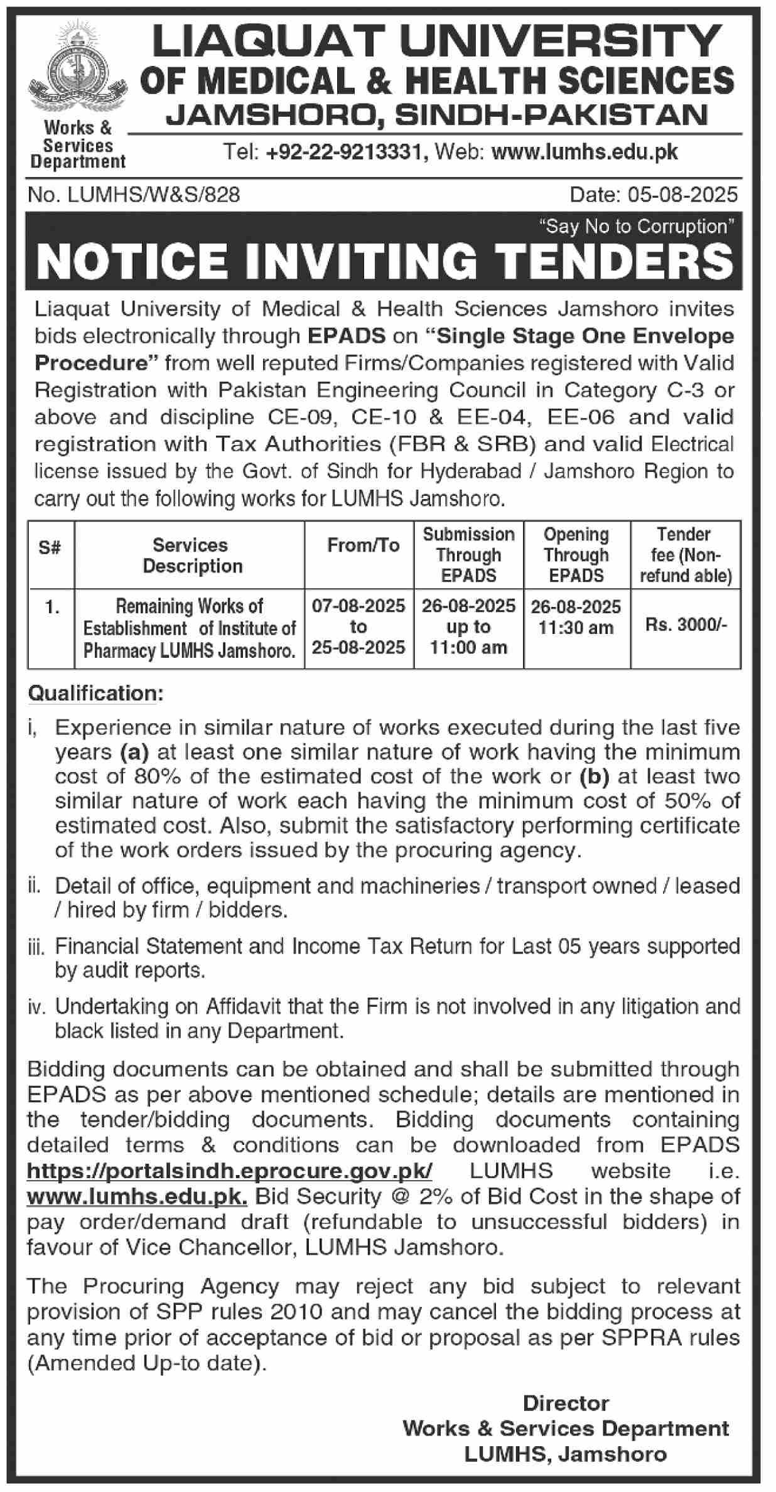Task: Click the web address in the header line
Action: [x=585, y=152]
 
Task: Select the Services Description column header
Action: [x=190, y=555]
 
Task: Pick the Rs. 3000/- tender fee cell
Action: [x=686, y=626]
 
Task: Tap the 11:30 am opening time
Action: [x=576, y=628]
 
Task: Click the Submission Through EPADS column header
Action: [x=468, y=555]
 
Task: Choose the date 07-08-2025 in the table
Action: [x=358, y=606]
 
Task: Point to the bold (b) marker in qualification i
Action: [x=594, y=776]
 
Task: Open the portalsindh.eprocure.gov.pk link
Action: [x=229, y=1171]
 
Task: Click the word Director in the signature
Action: [x=566, y=1403]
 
